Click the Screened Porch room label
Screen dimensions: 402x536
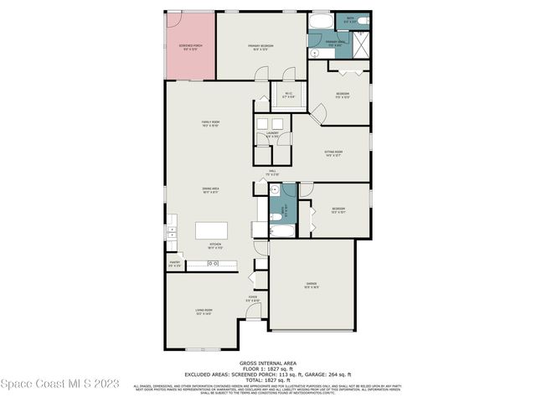(x=190, y=45)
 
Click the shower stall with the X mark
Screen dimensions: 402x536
(x=361, y=43)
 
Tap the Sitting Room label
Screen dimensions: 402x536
(x=333, y=152)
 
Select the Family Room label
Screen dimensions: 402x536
(x=210, y=124)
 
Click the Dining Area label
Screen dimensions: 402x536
(x=210, y=189)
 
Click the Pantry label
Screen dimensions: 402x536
(x=175, y=263)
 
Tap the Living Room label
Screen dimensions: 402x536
(x=204, y=311)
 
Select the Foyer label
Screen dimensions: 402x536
(x=252, y=298)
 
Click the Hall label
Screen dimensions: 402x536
(x=273, y=172)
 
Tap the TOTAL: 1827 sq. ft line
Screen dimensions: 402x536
(x=268, y=379)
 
